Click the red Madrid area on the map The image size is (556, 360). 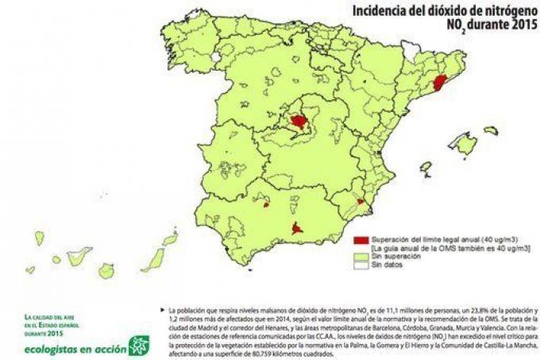click(299, 121)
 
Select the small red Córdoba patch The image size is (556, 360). click(265, 204)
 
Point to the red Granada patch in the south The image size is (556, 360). click(297, 229)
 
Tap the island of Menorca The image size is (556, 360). click(491, 130)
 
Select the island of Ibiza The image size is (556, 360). click(427, 168)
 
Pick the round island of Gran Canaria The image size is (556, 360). click(106, 270)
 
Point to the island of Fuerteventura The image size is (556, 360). click(153, 259)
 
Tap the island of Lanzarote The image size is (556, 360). click(170, 238)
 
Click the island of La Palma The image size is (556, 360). click(39, 238)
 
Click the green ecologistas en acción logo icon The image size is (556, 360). click(139, 344)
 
